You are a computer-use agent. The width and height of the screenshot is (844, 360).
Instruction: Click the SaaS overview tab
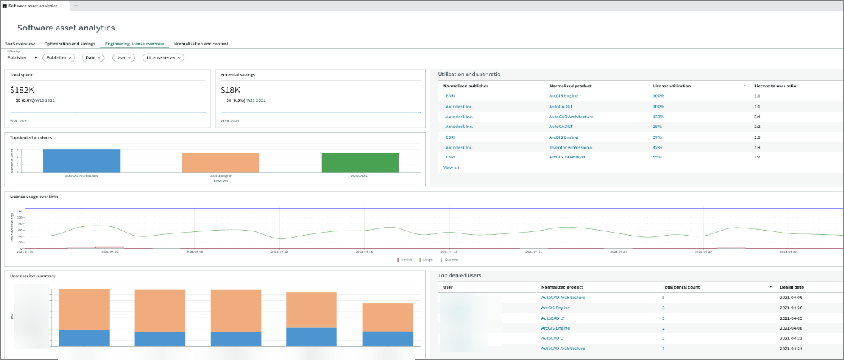[20, 44]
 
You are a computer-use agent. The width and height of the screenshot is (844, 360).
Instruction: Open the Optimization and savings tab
[69, 44]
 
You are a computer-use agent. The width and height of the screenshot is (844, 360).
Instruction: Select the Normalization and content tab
[201, 44]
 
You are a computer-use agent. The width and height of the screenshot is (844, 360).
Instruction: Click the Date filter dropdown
[93, 57]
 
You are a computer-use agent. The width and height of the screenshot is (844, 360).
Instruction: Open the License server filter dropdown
[163, 57]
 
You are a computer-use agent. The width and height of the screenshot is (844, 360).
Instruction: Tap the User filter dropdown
[124, 57]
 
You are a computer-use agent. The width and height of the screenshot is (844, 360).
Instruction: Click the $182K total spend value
[23, 90]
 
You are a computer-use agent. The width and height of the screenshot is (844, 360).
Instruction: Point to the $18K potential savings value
[230, 90]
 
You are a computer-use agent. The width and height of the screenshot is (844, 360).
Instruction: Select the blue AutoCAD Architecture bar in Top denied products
[81, 161]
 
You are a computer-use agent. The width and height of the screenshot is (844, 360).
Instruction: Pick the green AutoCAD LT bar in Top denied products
[360, 163]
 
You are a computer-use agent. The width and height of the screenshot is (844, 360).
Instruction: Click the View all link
[451, 168]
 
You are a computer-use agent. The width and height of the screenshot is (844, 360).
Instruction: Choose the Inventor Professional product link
[570, 147]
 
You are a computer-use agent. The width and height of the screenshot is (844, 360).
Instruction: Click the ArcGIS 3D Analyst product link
[568, 156]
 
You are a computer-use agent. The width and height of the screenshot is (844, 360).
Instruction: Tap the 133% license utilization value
[658, 116]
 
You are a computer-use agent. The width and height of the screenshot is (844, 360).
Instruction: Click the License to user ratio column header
[775, 86]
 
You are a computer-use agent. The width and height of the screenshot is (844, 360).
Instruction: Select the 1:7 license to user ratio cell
[757, 156]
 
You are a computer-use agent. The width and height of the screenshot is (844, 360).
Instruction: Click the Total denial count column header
[681, 288]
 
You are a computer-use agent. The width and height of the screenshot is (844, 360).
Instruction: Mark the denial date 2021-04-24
[791, 349]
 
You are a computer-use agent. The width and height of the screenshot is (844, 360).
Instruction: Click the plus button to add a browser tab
[76, 6]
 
